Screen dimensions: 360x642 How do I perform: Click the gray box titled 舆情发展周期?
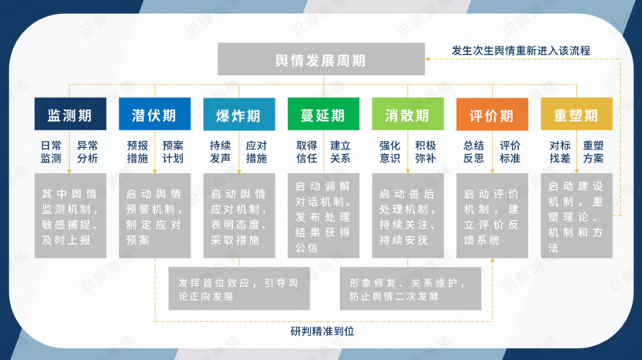(x=321, y=60)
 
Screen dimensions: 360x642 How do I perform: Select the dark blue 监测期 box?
(x=70, y=115)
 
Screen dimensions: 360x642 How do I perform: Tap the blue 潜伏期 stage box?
(x=154, y=115)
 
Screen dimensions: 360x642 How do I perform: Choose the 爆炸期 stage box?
(x=239, y=115)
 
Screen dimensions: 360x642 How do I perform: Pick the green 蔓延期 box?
(x=323, y=115)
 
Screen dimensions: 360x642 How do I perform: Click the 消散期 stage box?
(x=407, y=115)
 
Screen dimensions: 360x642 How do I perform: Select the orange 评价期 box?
(x=492, y=115)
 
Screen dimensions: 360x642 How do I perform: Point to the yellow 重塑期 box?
(x=576, y=115)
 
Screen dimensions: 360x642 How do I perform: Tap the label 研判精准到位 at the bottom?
(x=321, y=331)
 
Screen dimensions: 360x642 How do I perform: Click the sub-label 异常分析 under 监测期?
(x=88, y=152)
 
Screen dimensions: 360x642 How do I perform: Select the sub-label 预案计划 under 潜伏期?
(x=173, y=152)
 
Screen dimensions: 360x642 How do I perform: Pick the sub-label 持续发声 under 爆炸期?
(x=220, y=152)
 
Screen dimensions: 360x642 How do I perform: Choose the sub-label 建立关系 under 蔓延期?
(x=341, y=152)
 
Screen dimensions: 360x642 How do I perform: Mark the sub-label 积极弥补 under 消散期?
(x=425, y=152)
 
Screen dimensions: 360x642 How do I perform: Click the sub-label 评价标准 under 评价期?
(x=510, y=152)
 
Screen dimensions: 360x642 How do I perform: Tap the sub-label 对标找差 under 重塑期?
(x=560, y=152)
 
